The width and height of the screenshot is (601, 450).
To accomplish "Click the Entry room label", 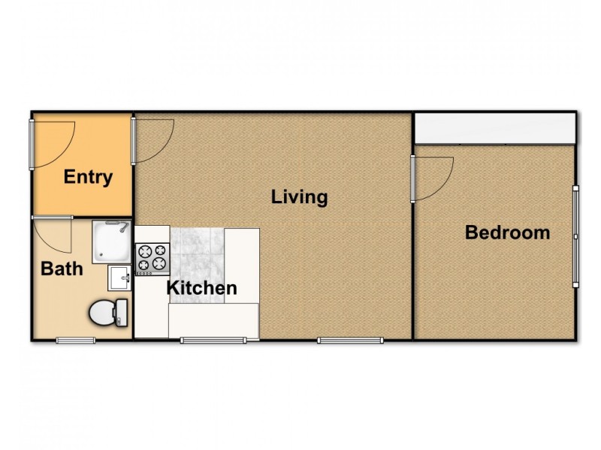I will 88,178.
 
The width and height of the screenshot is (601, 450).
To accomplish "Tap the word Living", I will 300,197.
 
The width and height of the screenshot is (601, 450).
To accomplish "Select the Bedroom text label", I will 507,232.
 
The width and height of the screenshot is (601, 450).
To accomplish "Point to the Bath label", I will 62,268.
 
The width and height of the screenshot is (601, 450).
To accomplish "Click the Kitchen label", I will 201,288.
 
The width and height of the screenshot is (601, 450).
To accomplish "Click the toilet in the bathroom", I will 110,313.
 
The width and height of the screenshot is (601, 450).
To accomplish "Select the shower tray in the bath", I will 111,241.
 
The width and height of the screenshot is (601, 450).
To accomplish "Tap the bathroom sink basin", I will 119,277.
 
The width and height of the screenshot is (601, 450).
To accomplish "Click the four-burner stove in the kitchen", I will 152,259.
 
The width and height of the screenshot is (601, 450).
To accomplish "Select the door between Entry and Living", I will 135,141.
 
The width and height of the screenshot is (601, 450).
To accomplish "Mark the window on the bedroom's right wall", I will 575,235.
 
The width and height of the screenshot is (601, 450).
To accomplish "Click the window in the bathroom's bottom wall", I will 76,340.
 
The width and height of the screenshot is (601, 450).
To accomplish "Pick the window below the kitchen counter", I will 213,340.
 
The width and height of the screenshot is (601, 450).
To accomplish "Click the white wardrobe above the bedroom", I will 494,128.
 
